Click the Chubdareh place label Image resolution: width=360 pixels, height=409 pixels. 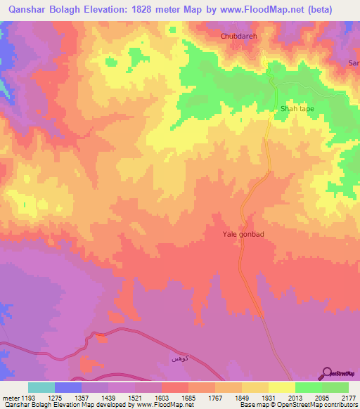242,35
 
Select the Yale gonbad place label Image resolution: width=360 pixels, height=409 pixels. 243,235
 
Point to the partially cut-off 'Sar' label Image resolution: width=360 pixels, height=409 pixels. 354,63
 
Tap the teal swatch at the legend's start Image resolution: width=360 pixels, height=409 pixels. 41,387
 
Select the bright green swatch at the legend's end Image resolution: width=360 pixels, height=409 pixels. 335,387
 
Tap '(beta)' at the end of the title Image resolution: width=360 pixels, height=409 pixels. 333,10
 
